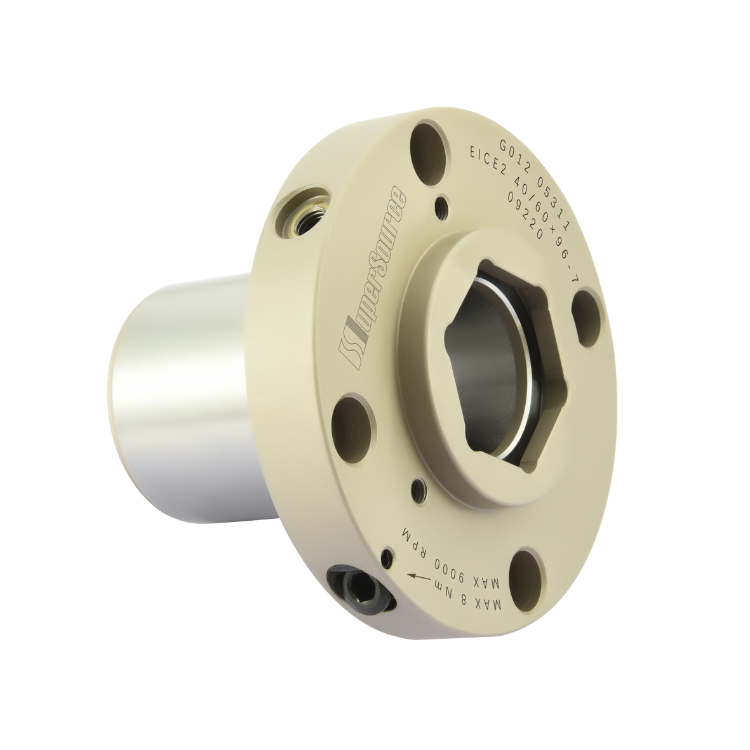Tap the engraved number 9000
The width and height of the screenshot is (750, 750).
[x=446, y=563]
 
